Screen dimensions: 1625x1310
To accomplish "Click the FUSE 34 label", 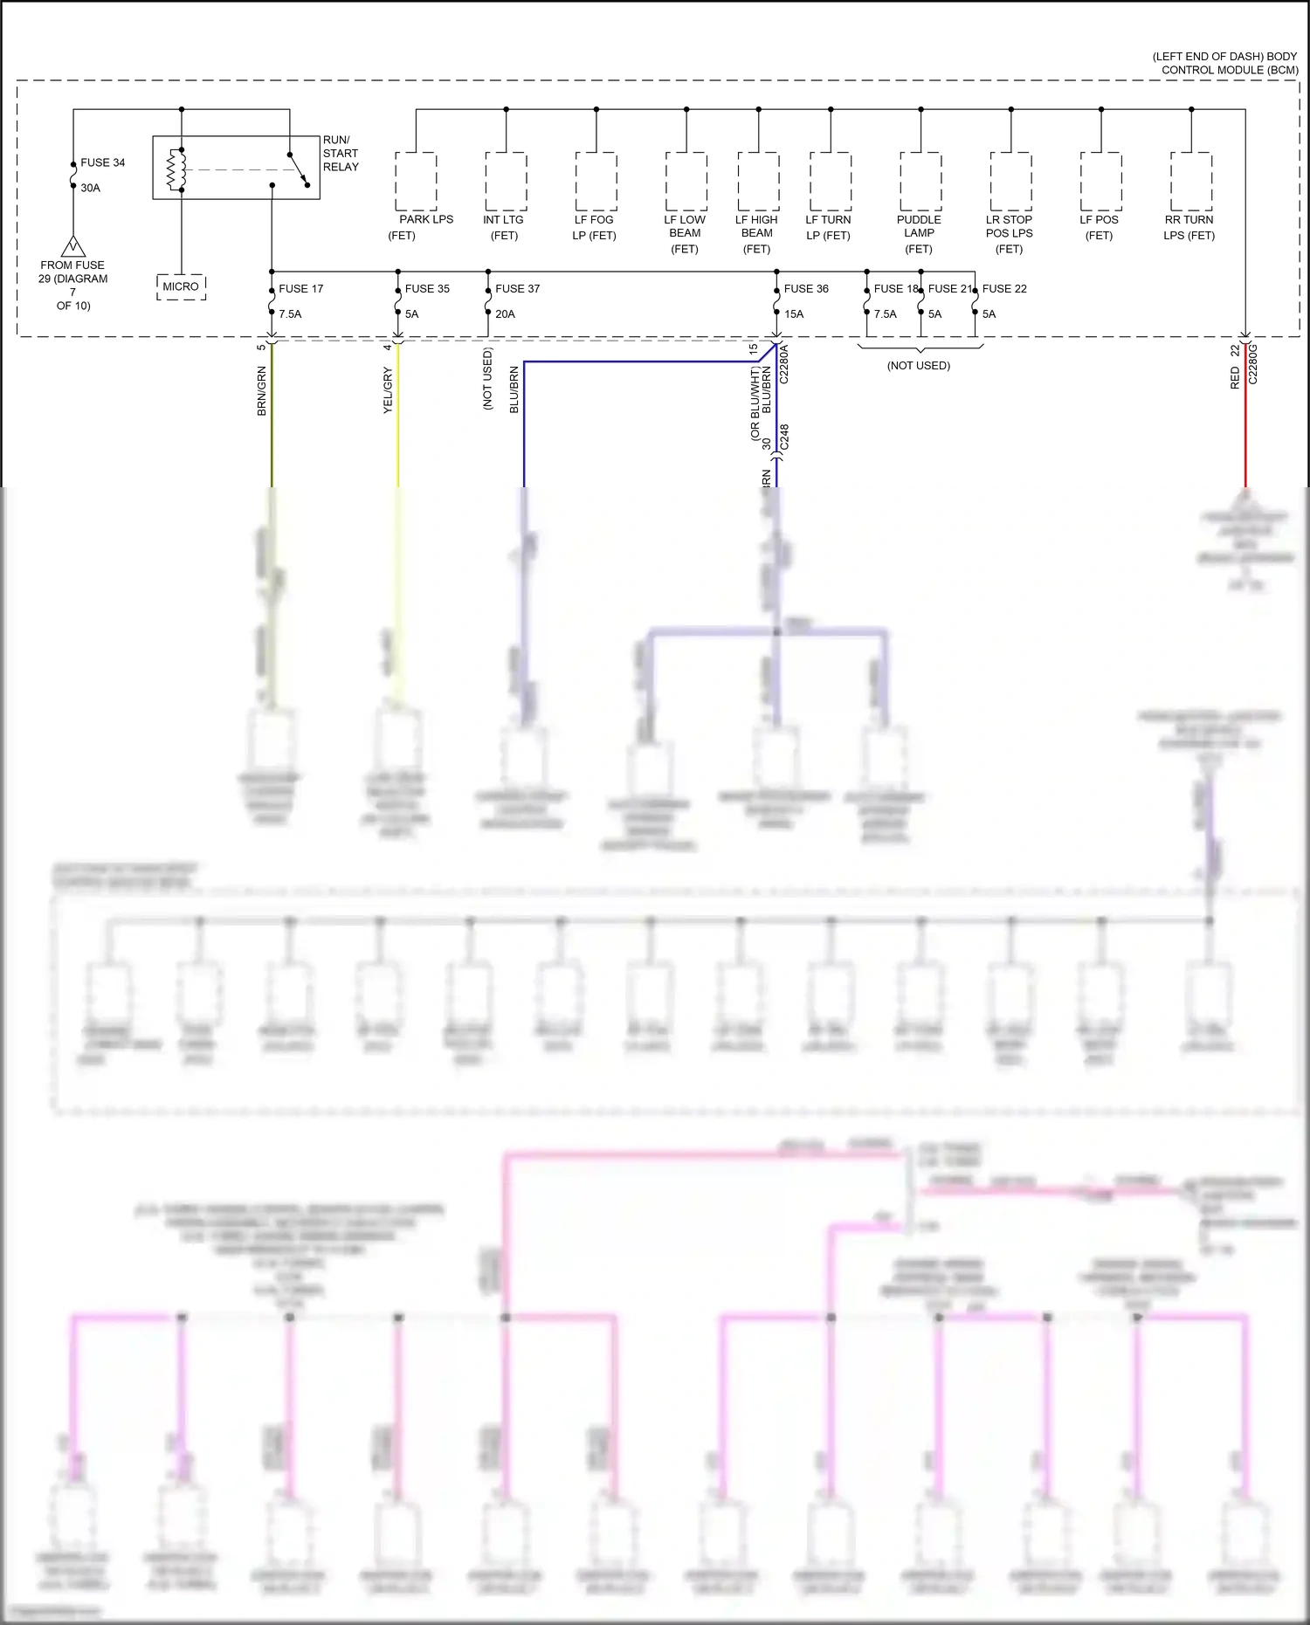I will click(102, 163).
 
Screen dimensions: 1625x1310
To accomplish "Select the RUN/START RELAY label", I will click(341, 154).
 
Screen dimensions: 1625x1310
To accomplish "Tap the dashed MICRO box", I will click(181, 286).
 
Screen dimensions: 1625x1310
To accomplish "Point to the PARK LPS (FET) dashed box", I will click(416, 181).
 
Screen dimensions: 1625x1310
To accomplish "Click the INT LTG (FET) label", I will click(504, 227).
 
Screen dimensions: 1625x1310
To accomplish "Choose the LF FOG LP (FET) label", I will click(595, 227).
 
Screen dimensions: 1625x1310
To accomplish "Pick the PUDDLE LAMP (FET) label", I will click(919, 234).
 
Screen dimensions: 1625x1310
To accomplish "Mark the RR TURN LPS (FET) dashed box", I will click(1191, 181).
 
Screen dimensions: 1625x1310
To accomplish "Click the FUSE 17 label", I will click(300, 289).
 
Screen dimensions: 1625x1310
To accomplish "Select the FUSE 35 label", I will click(427, 289).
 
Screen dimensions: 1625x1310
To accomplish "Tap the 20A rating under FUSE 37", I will click(505, 314).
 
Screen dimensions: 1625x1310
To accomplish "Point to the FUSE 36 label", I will click(806, 289).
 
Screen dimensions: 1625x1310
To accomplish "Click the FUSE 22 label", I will click(1004, 289).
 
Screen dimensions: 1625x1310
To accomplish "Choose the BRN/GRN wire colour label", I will click(262, 390).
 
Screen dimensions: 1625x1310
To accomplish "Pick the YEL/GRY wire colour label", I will click(388, 390).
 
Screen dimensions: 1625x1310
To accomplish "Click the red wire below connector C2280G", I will click(1245, 437).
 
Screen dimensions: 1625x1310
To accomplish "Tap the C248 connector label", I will click(784, 437).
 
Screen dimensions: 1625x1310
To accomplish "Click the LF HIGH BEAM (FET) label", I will click(756, 234).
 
